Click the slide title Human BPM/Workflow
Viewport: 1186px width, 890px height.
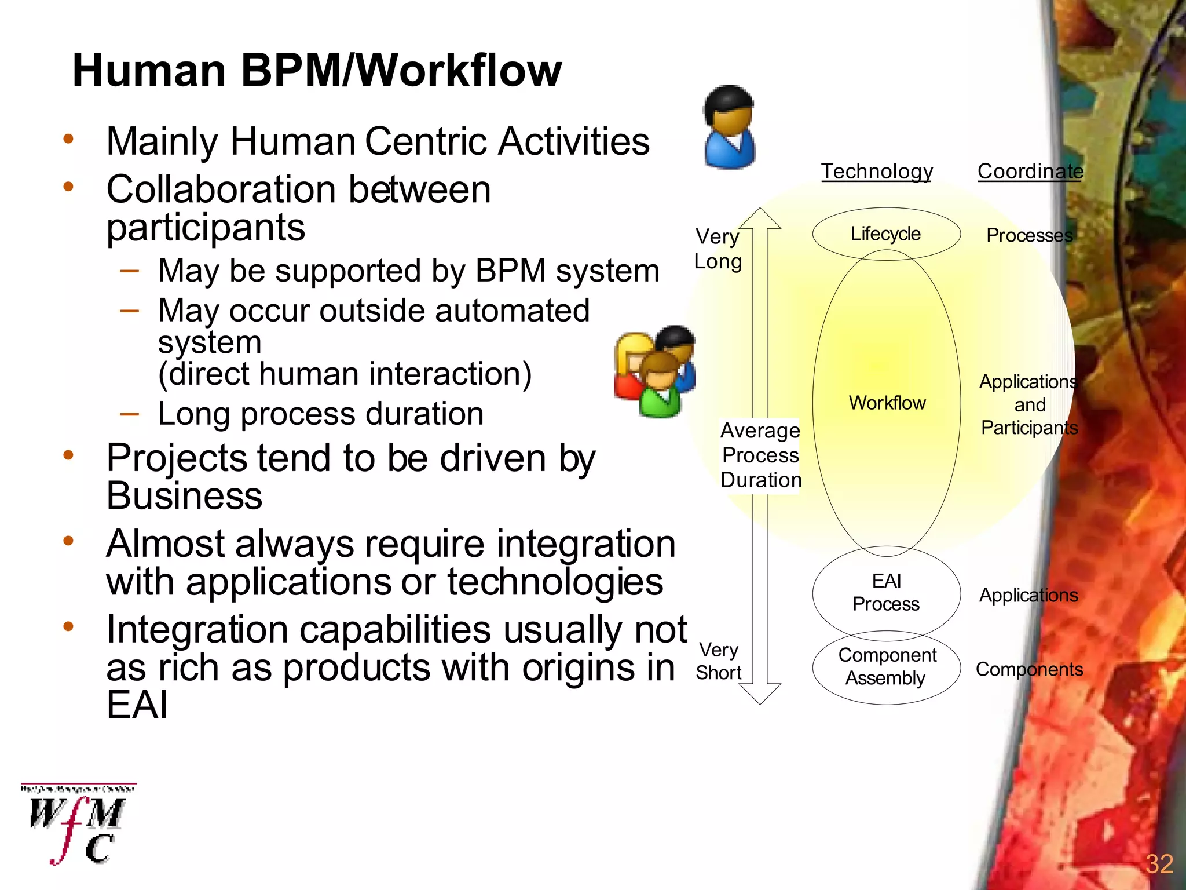[317, 71]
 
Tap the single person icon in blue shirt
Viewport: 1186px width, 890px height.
[729, 128]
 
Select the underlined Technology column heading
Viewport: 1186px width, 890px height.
[877, 172]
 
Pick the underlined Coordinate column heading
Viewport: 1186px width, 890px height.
[1030, 172]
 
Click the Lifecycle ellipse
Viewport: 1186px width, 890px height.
[885, 234]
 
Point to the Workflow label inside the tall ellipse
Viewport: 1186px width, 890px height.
[887, 403]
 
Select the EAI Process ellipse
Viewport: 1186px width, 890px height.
[886, 592]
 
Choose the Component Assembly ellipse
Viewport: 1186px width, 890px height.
[887, 667]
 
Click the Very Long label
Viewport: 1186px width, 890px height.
[718, 249]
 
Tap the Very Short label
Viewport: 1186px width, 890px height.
[719, 661]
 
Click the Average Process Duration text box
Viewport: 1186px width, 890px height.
[760, 455]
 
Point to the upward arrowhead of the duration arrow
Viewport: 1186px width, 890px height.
[760, 218]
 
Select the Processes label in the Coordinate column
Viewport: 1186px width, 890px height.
[1029, 235]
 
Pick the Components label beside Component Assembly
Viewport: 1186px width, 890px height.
[1029, 669]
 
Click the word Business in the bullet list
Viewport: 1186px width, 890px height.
[184, 497]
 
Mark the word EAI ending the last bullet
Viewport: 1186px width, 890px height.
[137, 705]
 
